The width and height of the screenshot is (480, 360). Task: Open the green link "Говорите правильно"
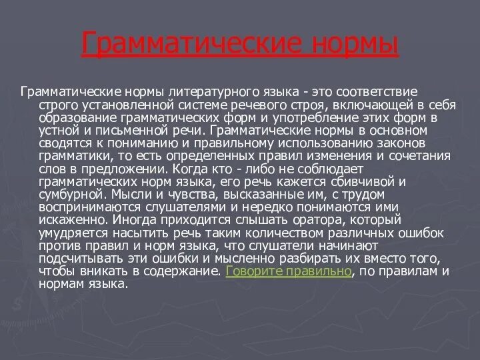pyautogui.click(x=289, y=271)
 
